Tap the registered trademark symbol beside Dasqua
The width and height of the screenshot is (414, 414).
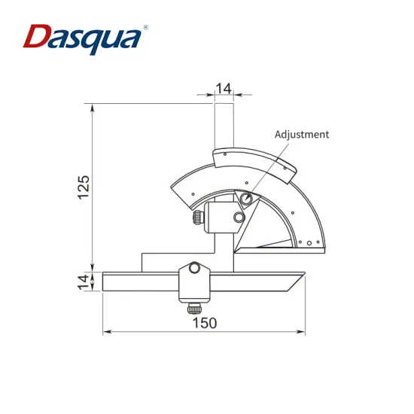[x=145, y=27]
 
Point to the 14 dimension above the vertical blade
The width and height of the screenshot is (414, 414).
[x=223, y=88]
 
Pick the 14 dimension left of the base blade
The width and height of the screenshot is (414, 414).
[x=84, y=282]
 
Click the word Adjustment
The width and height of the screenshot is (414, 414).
[x=301, y=134]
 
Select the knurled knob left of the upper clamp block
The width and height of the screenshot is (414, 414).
[x=197, y=218]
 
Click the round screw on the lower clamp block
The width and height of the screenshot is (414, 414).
[x=195, y=267]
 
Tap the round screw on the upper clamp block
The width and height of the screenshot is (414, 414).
[x=239, y=218]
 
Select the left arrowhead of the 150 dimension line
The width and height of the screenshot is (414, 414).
[x=106, y=331]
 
